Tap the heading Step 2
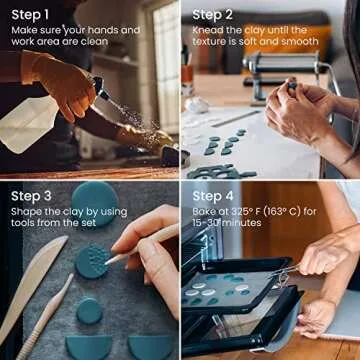213,14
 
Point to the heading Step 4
213,195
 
